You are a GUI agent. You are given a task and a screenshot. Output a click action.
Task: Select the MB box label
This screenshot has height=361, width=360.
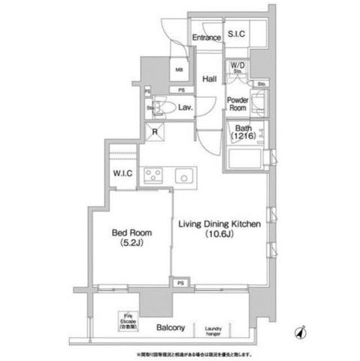(179, 72)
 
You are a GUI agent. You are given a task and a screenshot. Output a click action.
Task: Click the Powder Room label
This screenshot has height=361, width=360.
(240, 103)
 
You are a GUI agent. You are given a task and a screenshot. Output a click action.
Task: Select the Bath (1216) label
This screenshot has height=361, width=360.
(242, 134)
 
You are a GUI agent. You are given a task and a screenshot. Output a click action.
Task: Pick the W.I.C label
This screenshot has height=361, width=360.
(123, 174)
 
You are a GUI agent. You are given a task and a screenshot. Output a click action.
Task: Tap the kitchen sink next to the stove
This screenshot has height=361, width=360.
(184, 177)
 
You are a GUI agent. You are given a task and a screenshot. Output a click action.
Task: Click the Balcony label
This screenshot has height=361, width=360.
(171, 328)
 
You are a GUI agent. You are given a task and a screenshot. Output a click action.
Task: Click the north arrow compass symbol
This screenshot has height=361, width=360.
(300, 332)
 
